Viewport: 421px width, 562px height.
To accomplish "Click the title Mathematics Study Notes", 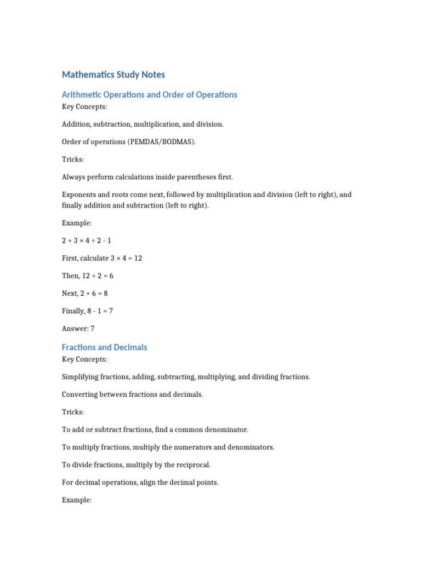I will click(x=113, y=75).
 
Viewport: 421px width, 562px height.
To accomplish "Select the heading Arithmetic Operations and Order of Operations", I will click(x=149, y=95).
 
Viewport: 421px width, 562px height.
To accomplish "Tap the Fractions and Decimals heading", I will click(x=104, y=347).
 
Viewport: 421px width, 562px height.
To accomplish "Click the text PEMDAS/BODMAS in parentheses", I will click(x=161, y=142).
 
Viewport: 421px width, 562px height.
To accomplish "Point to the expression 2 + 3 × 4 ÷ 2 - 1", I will click(x=87, y=241).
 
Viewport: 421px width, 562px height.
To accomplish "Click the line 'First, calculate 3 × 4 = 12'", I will click(x=102, y=258).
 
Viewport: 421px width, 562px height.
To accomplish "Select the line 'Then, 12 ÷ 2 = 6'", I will click(x=88, y=276).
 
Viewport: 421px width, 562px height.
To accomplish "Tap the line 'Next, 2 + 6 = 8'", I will click(x=85, y=294).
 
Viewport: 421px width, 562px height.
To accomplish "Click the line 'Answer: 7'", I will click(x=78, y=329).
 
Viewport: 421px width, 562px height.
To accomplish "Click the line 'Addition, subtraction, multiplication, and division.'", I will click(x=143, y=125).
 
